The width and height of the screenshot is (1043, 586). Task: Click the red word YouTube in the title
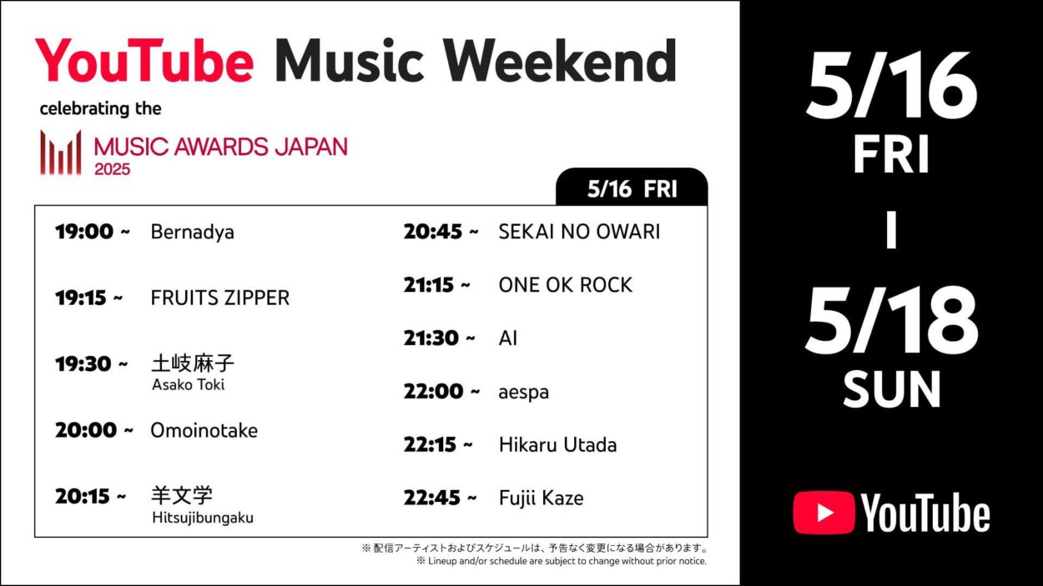[144, 61]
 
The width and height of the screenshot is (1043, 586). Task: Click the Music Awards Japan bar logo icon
[61, 153]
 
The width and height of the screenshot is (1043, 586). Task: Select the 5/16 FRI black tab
[632, 188]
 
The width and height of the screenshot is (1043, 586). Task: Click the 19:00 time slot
[93, 232]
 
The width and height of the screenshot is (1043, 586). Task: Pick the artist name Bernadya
[192, 232]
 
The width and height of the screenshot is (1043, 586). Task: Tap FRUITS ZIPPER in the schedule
[219, 298]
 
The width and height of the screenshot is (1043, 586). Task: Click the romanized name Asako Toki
[188, 384]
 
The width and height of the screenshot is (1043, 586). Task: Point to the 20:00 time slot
[93, 430]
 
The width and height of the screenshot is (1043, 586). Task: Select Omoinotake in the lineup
[204, 430]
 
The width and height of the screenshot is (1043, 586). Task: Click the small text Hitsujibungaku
[202, 518]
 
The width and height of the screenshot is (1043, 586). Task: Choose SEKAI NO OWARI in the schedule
[579, 232]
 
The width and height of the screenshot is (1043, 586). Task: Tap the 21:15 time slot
[436, 284]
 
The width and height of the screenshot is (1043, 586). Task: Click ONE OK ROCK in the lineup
[565, 284]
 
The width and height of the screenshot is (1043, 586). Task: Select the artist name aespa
[523, 391]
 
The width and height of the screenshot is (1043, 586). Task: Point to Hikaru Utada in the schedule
[557, 444]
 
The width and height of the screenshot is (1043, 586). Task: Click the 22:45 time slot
[440, 498]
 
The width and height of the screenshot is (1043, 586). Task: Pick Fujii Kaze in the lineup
[541, 498]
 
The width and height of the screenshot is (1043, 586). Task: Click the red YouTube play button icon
[823, 513]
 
